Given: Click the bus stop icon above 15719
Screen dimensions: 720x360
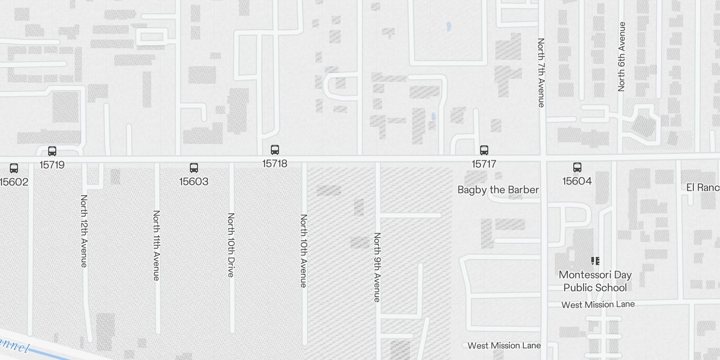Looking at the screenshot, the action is coord(52,151).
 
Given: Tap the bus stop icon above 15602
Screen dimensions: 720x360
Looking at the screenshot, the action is coord(14,168).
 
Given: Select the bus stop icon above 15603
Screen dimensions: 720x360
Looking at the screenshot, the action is coord(194,168).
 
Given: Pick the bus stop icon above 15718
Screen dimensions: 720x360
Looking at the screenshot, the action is coord(275,150).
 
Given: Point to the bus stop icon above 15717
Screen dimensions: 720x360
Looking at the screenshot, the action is coord(484,150).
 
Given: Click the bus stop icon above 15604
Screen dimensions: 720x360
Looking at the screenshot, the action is coord(577,167).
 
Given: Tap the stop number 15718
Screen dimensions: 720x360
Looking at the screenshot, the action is coord(275,163).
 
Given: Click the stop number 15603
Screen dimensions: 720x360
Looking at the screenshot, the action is coord(194,181).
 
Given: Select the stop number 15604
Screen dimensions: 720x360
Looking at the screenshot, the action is coord(577,181).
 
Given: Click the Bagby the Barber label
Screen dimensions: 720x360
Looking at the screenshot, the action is coord(498,190).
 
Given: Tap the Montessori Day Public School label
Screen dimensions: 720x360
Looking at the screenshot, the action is coord(595,281).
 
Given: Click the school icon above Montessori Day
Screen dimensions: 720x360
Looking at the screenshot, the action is coord(595,261).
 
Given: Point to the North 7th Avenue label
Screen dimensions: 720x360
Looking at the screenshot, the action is coord(541,72).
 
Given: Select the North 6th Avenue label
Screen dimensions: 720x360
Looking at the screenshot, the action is coord(621,56).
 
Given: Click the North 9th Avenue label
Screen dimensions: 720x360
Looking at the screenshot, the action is coord(377,267).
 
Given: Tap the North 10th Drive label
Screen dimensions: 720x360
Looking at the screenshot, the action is coord(231,245).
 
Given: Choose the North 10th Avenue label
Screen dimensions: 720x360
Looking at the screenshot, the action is coord(304,251).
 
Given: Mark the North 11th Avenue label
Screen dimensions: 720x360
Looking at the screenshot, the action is coord(156,245).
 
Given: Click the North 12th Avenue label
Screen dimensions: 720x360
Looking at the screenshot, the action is coord(84,231).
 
